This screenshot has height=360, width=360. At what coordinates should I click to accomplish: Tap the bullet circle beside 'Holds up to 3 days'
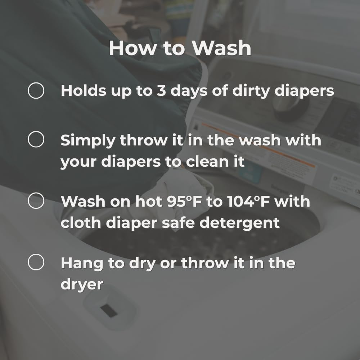click(36, 90)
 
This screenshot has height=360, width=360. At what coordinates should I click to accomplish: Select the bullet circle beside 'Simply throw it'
click(36, 139)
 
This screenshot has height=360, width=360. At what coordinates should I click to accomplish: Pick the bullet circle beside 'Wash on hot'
click(36, 201)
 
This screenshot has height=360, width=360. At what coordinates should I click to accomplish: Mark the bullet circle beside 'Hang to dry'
click(36, 262)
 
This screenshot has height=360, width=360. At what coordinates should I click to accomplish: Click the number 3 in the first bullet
click(161, 90)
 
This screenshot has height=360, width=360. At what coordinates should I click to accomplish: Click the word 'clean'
click(207, 161)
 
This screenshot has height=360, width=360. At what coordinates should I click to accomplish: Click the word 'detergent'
click(239, 223)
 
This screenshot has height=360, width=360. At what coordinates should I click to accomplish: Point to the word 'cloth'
click(81, 222)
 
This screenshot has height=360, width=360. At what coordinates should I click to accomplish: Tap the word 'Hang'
click(82, 264)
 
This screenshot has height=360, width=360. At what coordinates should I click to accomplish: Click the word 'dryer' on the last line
click(82, 285)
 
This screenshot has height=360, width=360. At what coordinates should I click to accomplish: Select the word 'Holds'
click(84, 90)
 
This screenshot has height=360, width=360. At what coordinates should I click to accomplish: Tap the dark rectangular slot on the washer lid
click(109, 310)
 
